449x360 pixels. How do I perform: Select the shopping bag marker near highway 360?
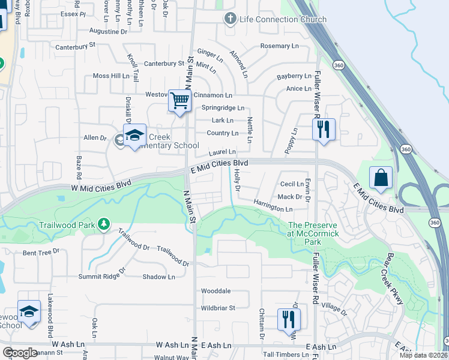[x=381, y=178]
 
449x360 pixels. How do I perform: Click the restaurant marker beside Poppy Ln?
[x=323, y=128]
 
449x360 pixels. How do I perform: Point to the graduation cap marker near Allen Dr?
[x=135, y=134]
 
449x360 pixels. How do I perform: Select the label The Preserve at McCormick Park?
[x=308, y=233]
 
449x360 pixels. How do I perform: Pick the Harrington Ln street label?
[x=273, y=206]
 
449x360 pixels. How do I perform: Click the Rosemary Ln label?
[x=279, y=46]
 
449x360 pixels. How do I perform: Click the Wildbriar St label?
[x=217, y=308]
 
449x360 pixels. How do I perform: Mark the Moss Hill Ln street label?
[x=111, y=76]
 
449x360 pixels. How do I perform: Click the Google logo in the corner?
[x=20, y=352]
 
